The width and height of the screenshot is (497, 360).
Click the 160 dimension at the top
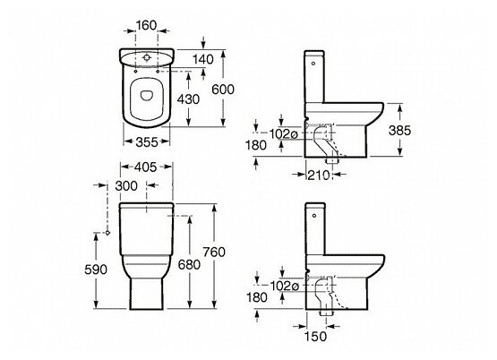146,25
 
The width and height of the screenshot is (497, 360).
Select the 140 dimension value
203,59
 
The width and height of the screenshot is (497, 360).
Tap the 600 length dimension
223,90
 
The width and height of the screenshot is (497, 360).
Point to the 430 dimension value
188,99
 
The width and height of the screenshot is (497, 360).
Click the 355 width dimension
147,142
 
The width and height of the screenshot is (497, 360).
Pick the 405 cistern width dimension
145,167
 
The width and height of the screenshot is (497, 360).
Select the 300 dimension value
126,186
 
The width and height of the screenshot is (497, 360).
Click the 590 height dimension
96,270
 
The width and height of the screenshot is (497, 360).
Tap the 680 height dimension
189,264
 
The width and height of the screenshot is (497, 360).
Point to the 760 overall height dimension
214,252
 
